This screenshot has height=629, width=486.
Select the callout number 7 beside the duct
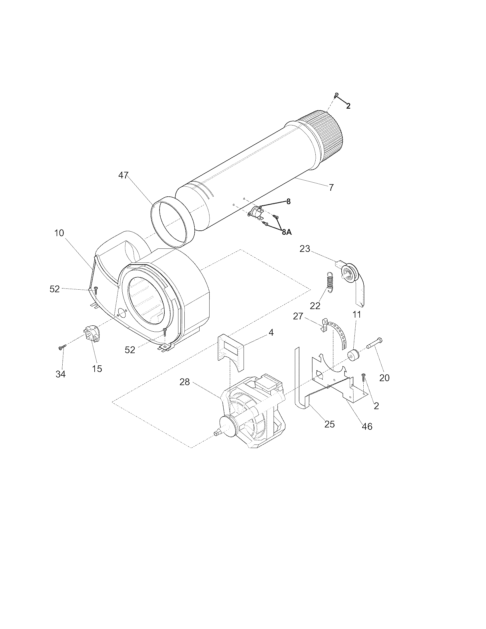[x=331, y=188]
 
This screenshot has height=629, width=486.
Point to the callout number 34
[x=60, y=374]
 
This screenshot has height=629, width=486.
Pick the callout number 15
[x=97, y=368]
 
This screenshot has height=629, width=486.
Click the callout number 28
[x=185, y=382]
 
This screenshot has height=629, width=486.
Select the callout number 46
[x=367, y=426]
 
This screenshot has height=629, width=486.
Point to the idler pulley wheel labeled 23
[x=349, y=272]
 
